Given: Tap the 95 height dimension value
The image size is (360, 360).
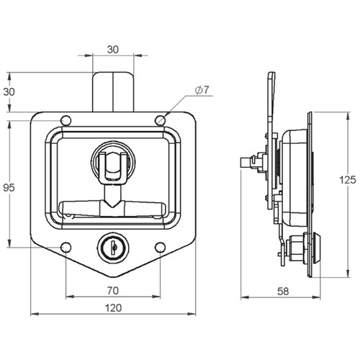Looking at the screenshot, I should (x=9, y=188).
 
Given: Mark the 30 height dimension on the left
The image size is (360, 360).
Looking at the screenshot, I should (x=9, y=92).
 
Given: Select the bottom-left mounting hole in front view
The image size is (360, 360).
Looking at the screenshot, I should (x=66, y=248).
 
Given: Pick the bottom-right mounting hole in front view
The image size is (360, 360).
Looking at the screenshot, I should (x=160, y=248).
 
